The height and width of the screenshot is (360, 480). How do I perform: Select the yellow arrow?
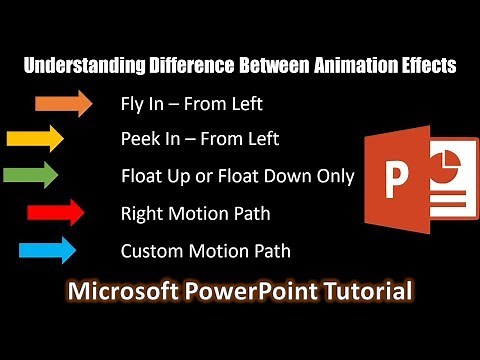point(35,138)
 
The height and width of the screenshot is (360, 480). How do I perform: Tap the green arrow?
point(31,176)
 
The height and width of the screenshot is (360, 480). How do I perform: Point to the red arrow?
point(57,212)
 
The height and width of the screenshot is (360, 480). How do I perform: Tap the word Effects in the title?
point(424,67)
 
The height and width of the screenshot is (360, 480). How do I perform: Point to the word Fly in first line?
point(133,103)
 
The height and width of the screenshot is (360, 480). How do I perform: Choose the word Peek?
point(139,139)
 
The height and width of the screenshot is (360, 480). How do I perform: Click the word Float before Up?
point(142,176)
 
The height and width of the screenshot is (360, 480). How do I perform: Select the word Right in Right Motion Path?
point(141,213)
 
